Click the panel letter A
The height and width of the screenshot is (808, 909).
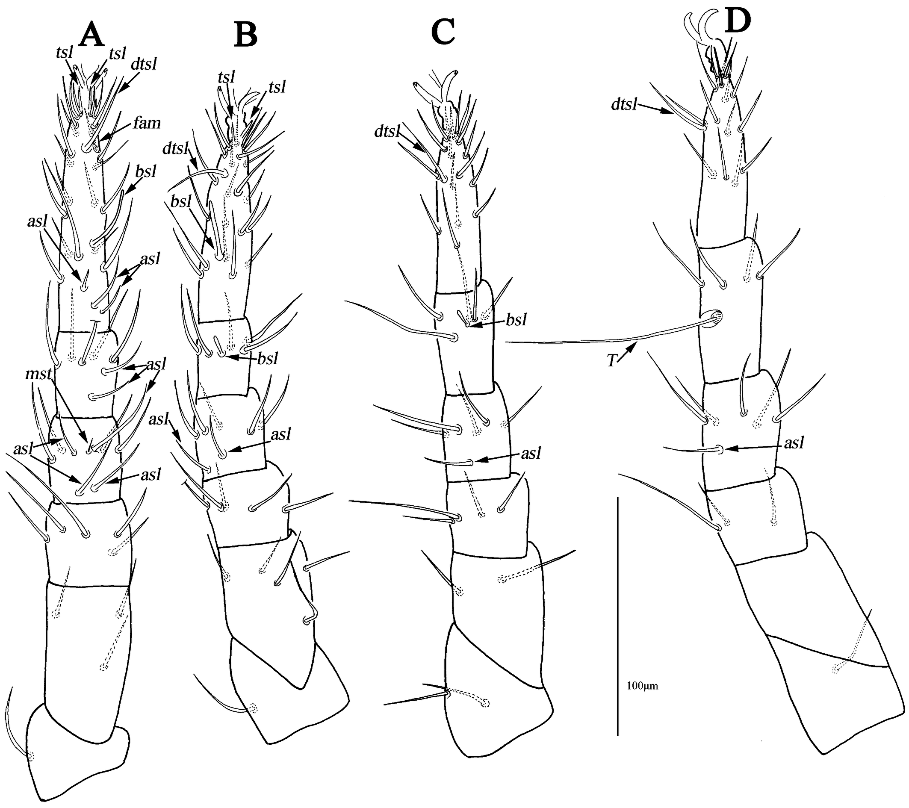pyautogui.click(x=91, y=34)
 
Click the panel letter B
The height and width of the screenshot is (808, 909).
pyautogui.click(x=246, y=35)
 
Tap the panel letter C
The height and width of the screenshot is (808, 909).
pyautogui.click(x=443, y=32)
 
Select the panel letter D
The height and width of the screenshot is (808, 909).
pyautogui.click(x=738, y=21)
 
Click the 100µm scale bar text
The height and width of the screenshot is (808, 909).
pyautogui.click(x=642, y=686)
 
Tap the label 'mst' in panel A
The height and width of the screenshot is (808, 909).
pyautogui.click(x=38, y=374)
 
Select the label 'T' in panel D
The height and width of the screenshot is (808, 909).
pyautogui.click(x=613, y=361)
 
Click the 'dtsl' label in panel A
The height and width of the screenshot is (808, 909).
pyautogui.click(x=144, y=64)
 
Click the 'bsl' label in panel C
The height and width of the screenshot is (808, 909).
pyautogui.click(x=516, y=319)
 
